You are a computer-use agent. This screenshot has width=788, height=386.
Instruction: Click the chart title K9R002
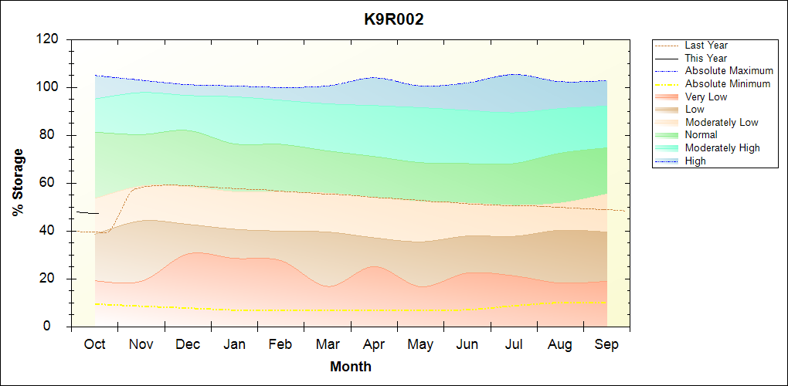pyautogui.click(x=394, y=20)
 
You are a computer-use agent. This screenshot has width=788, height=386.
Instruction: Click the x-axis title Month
pyautogui.click(x=351, y=367)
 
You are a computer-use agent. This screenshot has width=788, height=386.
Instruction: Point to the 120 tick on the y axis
pyautogui.click(x=49, y=39)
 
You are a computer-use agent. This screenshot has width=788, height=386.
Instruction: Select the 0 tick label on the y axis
pyautogui.click(x=56, y=327)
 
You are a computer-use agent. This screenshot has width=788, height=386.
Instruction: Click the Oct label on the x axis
pyautogui.click(x=94, y=344)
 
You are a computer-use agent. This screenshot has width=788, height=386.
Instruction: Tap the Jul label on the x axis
pyautogui.click(x=515, y=344)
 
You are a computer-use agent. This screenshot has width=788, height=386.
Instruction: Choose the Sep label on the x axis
pyautogui.click(x=606, y=344)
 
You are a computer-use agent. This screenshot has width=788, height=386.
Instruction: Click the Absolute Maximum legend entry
pyautogui.click(x=729, y=71)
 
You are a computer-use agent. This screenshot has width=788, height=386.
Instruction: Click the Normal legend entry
pyautogui.click(x=701, y=135)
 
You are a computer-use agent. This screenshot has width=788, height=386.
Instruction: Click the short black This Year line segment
pyautogui.click(x=87, y=212)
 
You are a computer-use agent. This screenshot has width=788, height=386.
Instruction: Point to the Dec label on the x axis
pyautogui.click(x=188, y=344)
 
